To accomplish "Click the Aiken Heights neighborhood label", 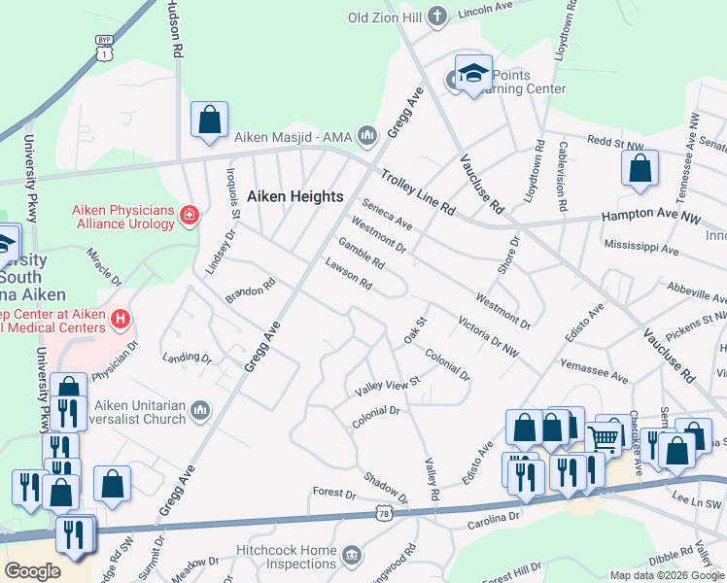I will pos(294,196).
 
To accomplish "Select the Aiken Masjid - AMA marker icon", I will pos(366,134).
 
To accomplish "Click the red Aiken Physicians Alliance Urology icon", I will pos(189,215).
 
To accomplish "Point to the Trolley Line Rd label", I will pos(417,192).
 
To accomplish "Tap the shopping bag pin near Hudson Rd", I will pos(209,120).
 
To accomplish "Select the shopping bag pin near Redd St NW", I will pos(640,169).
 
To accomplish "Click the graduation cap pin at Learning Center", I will pos(473,74).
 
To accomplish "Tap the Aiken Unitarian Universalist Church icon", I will pos(200,412).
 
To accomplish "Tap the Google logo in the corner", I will pos(32,570).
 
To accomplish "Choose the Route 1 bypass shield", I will pos(103,48).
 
